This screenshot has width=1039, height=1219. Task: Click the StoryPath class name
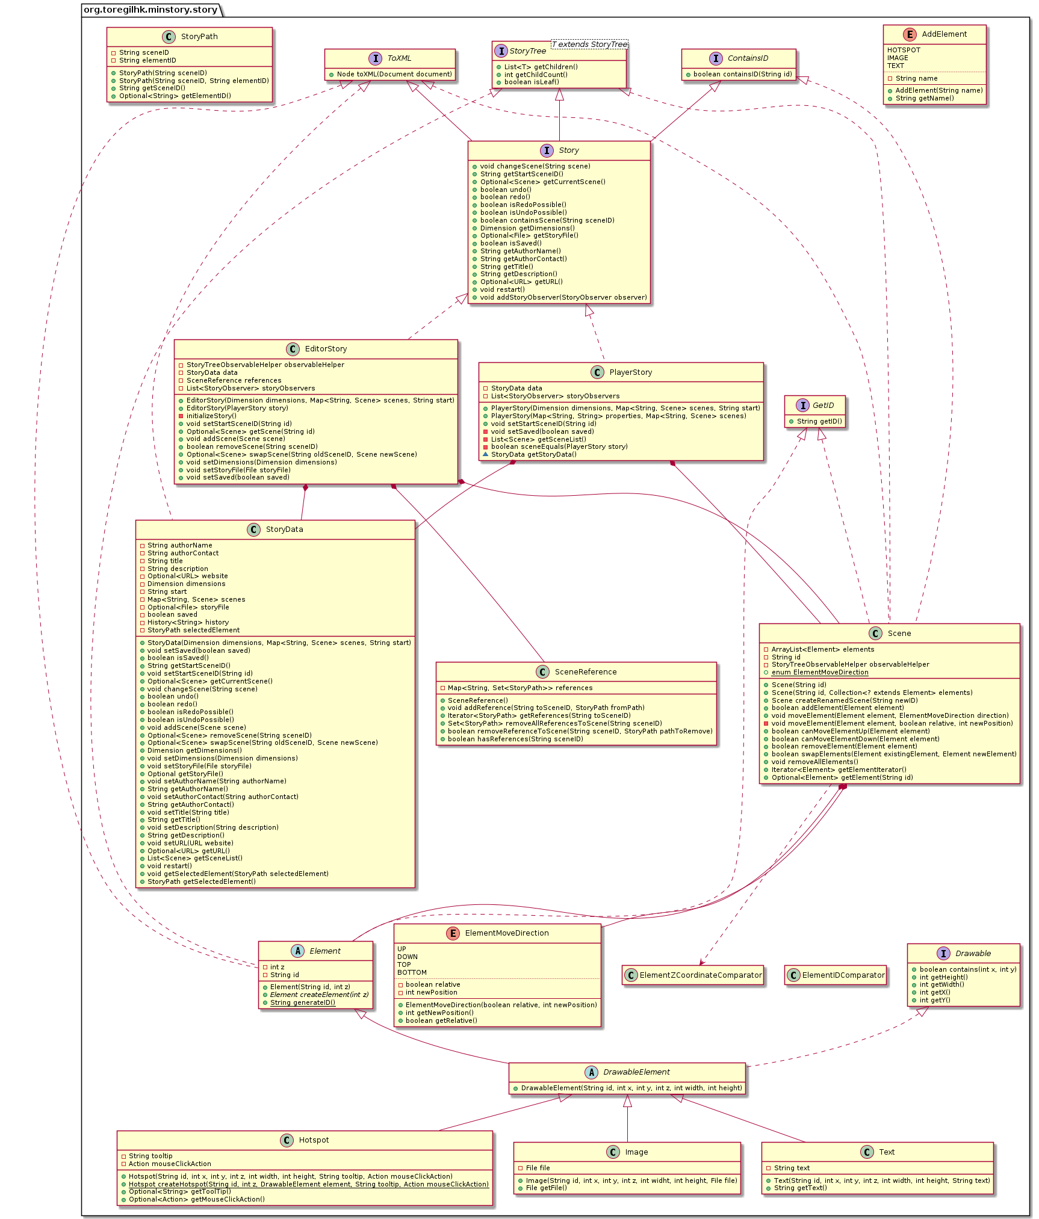tap(199, 37)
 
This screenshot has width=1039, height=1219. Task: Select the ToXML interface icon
tap(375, 58)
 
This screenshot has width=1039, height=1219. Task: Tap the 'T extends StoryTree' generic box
tap(590, 45)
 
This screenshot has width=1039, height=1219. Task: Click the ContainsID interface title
tap(748, 58)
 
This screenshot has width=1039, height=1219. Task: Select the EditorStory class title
tap(326, 349)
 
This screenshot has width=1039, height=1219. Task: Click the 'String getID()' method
tap(819, 421)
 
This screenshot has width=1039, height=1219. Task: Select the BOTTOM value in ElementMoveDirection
tap(412, 972)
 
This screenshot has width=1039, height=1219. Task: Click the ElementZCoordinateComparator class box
tap(693, 975)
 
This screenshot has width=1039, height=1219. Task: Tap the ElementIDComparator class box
tap(836, 975)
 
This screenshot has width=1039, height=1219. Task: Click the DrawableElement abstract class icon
tap(591, 1072)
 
